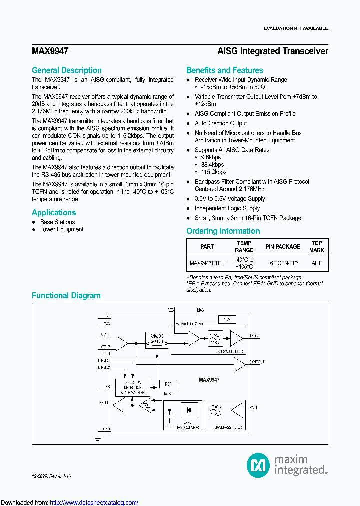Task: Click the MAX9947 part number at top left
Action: point(50,51)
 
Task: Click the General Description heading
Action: point(66,71)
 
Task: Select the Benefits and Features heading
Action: point(224,71)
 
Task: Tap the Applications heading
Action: point(54,213)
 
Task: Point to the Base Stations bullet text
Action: point(57,222)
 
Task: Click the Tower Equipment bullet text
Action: point(62,230)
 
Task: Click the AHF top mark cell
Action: point(317,263)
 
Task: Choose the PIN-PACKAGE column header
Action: point(283,247)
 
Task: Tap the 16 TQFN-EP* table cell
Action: point(283,263)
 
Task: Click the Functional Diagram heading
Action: point(66,296)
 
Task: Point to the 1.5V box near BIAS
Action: point(226,319)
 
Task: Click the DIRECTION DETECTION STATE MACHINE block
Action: point(132,387)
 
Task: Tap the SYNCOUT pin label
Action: point(257,362)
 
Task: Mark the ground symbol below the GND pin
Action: point(98,438)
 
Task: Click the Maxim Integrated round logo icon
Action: point(258,465)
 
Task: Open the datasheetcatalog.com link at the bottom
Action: point(94,502)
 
